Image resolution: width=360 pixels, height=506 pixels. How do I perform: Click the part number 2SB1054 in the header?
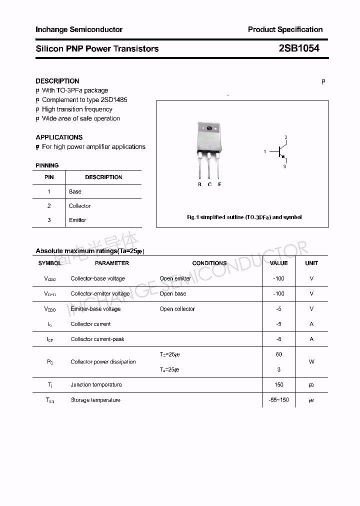[299, 48]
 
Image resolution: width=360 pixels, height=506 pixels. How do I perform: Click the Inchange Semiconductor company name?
[79, 29]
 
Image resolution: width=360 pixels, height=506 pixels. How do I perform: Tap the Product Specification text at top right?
[285, 29]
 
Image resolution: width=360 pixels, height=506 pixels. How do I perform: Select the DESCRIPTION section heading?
[57, 81]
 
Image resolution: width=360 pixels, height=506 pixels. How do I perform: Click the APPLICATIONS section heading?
[59, 137]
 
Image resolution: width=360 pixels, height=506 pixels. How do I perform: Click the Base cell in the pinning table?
[75, 191]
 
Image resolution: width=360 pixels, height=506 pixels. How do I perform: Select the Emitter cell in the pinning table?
[77, 220]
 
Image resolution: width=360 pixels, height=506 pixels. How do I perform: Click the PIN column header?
[49, 177]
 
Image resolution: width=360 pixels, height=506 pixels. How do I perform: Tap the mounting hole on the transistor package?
[209, 128]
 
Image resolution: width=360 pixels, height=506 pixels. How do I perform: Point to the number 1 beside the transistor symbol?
[265, 151]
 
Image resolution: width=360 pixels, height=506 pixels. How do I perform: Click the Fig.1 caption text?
[244, 217]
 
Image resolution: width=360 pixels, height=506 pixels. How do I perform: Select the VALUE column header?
[278, 263]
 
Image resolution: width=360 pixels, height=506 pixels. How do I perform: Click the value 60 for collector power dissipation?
[278, 354]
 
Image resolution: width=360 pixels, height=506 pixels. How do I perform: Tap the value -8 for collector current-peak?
[278, 339]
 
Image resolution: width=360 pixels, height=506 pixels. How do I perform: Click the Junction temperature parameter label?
[96, 384]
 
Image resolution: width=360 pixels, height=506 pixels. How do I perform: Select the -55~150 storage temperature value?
[278, 400]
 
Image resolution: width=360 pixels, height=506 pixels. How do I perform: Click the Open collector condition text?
[177, 309]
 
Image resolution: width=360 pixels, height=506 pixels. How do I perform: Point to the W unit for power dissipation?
[311, 361]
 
